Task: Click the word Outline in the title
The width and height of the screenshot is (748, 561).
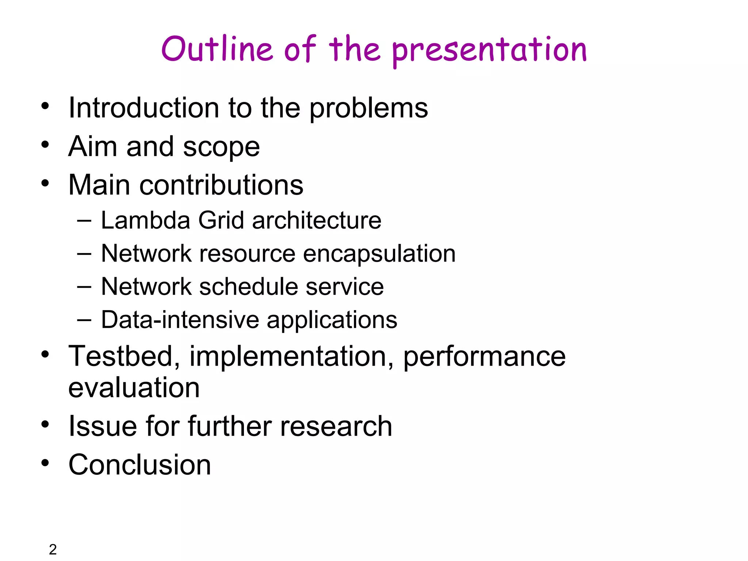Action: (x=217, y=49)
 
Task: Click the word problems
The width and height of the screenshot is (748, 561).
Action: (x=369, y=108)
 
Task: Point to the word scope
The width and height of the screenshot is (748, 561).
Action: (x=221, y=147)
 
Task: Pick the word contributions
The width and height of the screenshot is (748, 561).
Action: (x=221, y=185)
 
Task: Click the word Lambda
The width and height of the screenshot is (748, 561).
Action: (x=145, y=220)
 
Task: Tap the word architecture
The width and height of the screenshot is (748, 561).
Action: (x=316, y=220)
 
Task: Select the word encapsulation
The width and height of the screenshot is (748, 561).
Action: (x=379, y=253)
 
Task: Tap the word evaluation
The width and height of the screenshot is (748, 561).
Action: (x=134, y=388)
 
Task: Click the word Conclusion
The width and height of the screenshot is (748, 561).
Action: (x=140, y=465)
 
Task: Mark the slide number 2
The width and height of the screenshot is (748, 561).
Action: (x=53, y=549)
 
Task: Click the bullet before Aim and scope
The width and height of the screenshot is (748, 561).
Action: (x=45, y=145)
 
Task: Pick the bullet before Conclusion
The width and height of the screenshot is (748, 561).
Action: (x=45, y=463)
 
